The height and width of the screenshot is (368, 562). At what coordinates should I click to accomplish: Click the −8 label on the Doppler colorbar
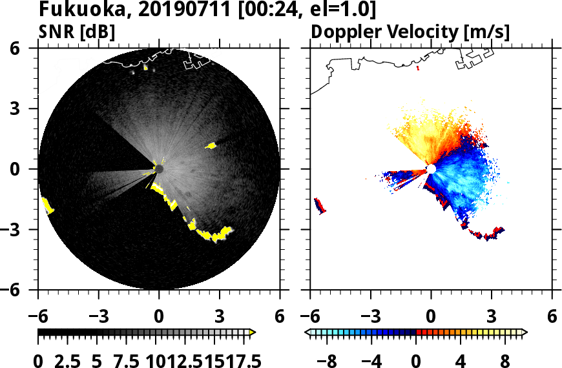pos(328,361)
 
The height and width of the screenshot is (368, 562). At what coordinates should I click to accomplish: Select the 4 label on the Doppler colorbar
pos(461,361)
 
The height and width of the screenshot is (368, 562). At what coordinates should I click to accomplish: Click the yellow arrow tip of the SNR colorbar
pos(253,332)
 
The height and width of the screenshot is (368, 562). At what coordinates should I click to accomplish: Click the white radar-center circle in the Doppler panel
pos(431,169)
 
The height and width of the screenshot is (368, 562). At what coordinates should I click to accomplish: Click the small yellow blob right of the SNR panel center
pos(211,146)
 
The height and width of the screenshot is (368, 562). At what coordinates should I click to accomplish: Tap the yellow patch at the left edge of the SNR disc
pos(48,206)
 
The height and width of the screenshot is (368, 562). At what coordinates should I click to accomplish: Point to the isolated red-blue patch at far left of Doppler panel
pos(319,206)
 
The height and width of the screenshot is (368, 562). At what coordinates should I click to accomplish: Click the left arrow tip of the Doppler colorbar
pos(307,332)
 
